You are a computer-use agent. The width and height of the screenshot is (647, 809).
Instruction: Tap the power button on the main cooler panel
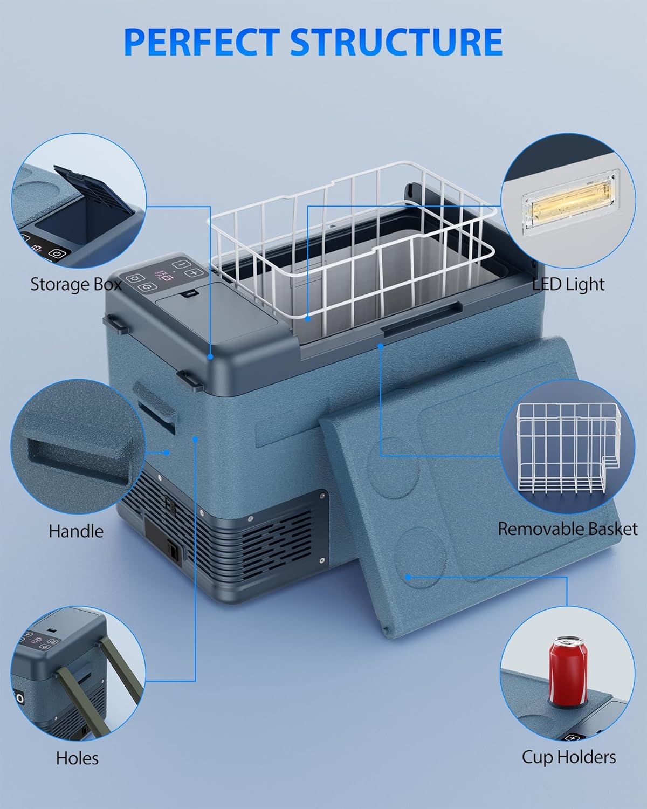(147, 287)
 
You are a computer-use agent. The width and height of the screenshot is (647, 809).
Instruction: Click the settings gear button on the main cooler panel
(132, 278)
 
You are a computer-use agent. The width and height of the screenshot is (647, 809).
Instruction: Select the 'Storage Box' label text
(75, 284)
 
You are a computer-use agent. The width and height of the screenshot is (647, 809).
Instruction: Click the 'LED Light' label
(569, 284)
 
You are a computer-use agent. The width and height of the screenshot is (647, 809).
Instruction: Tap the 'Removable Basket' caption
(567, 529)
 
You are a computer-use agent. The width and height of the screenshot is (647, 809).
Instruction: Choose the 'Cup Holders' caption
(569, 757)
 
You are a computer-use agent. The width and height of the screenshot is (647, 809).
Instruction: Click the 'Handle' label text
(76, 531)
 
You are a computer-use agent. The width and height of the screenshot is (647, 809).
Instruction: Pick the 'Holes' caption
(77, 758)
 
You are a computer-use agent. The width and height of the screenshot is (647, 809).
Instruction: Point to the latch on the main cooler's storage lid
(189, 294)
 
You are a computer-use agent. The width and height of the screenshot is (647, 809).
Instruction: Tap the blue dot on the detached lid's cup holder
(409, 577)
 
